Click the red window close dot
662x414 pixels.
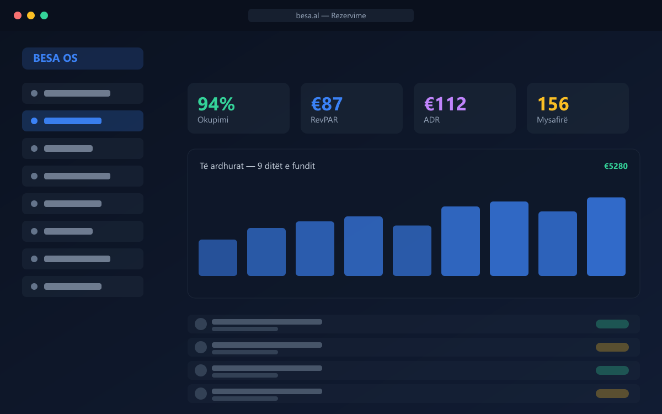point(18,15)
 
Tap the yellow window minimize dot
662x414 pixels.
point(31,15)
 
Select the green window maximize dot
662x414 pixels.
point(44,15)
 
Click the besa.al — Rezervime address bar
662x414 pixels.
point(330,15)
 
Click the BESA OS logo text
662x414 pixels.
point(55,59)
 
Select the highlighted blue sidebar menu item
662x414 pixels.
point(83,121)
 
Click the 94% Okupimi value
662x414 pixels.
point(216,104)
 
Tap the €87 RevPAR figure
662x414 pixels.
point(327,104)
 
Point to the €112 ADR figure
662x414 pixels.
point(445,104)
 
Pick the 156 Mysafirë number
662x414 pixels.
point(553,104)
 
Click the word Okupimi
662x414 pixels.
point(213,120)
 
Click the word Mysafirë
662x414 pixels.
point(552,120)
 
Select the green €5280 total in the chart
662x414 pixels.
point(616,166)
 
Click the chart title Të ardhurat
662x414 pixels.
point(222,166)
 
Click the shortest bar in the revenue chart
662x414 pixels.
point(218,258)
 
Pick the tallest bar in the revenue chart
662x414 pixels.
point(606,237)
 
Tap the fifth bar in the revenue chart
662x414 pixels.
point(412,251)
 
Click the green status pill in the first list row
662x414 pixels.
point(612,324)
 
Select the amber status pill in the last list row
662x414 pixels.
point(612,394)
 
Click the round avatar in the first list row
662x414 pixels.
point(201,324)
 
